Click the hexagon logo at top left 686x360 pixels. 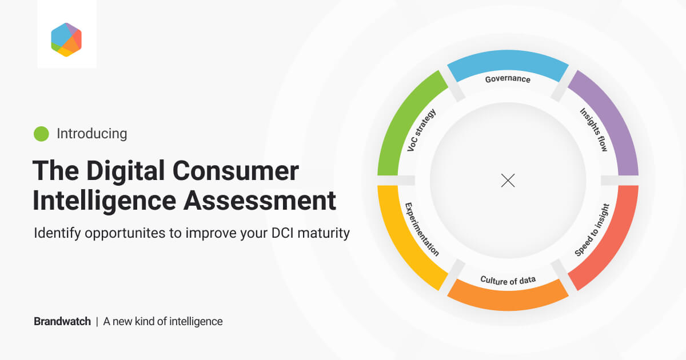tap(66, 39)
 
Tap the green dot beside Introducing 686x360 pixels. tap(41, 134)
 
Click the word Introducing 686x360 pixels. tap(91, 134)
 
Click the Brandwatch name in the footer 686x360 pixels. tap(62, 321)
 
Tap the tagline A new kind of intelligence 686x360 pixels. tap(163, 321)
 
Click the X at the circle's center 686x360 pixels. tap(508, 181)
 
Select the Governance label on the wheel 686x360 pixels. tap(508, 79)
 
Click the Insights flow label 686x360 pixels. tap(593, 129)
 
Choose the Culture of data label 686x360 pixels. tap(508, 280)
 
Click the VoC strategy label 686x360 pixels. tap(422, 130)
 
